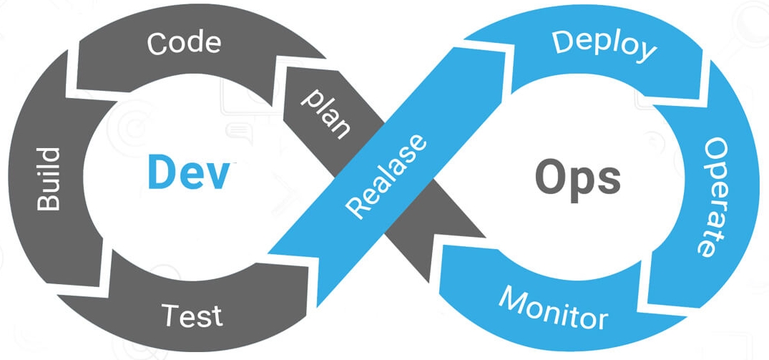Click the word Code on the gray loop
pyautogui.click(x=184, y=44)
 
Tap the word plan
pyautogui.click(x=325, y=113)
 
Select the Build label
pyautogui.click(x=49, y=179)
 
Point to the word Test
pyautogui.click(x=191, y=315)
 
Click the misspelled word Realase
pyautogui.click(x=386, y=175)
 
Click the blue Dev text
pyautogui.click(x=190, y=172)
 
